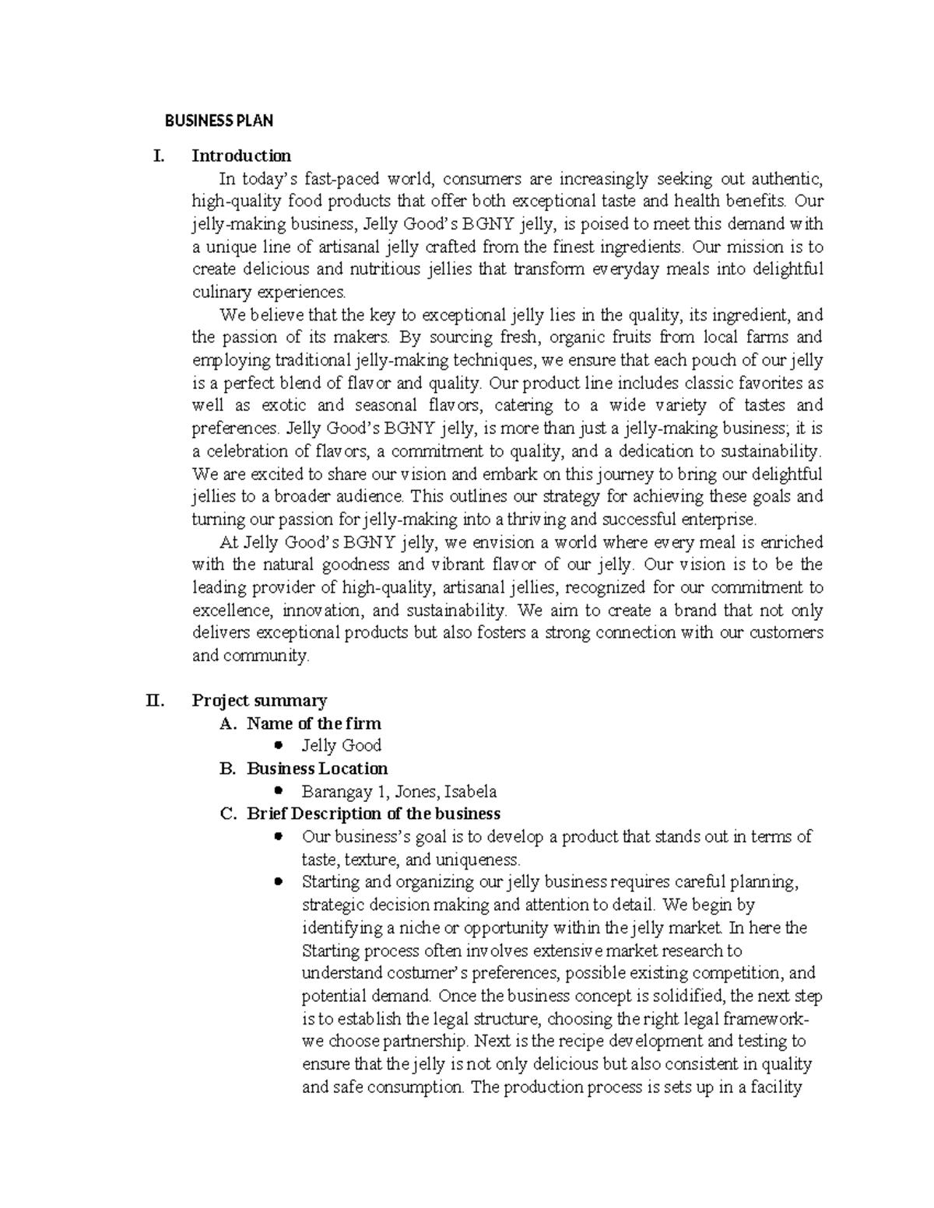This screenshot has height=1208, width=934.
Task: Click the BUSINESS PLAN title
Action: pyautogui.click(x=218, y=121)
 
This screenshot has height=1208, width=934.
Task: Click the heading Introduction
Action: pyautogui.click(x=241, y=156)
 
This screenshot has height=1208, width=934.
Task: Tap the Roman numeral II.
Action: pyautogui.click(x=156, y=700)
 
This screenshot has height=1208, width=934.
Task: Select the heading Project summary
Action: pyautogui.click(x=259, y=700)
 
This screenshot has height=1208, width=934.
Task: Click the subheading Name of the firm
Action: pyautogui.click(x=314, y=723)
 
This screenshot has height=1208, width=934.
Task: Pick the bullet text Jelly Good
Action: pyautogui.click(x=341, y=746)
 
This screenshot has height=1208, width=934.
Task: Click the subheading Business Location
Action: pyautogui.click(x=317, y=769)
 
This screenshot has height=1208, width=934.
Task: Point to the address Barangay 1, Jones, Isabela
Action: pyautogui.click(x=399, y=792)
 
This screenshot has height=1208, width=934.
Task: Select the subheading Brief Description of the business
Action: pyautogui.click(x=373, y=814)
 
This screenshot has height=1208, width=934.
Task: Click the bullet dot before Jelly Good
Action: pyautogui.click(x=278, y=745)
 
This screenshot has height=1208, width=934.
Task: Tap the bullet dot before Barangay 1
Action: pyautogui.click(x=278, y=791)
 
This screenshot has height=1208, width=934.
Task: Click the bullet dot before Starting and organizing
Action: pyautogui.click(x=278, y=882)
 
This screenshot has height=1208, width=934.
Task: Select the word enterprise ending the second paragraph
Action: pyautogui.click(x=718, y=519)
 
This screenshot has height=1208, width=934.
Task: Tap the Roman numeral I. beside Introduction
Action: pyautogui.click(x=159, y=156)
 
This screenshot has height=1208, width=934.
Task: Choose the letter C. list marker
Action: pyautogui.click(x=228, y=814)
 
